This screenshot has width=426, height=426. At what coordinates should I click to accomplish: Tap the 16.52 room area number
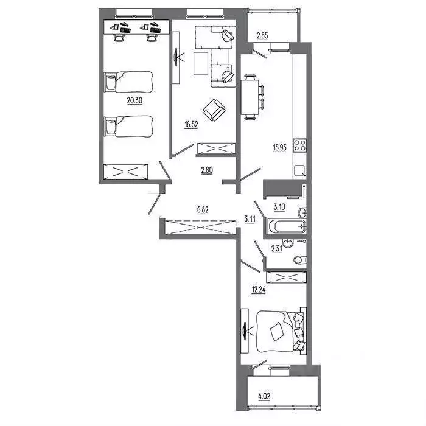[192, 124]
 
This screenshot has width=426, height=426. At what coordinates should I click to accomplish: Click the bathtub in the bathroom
[285, 228]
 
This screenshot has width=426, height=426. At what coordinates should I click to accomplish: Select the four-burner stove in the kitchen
[299, 145]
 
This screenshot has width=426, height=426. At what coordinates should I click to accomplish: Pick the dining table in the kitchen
[250, 96]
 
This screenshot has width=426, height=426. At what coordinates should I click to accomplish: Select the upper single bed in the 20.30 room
[129, 81]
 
